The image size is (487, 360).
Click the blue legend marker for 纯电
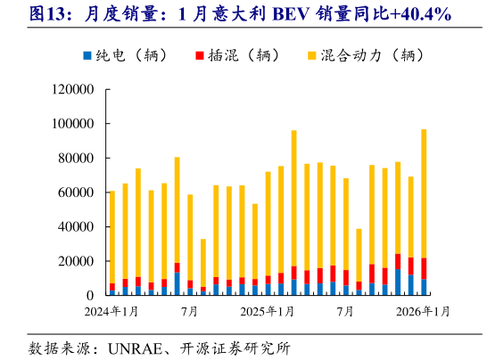pos(87,55)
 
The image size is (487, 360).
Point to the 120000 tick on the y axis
pos(74,90)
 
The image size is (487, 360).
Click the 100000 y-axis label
pos(74,124)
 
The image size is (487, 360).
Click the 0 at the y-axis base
pos(91,295)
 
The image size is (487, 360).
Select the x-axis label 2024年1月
pos(111,312)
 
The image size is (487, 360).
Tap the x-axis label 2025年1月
pos(268,312)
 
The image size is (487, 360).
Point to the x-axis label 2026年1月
pos(423,312)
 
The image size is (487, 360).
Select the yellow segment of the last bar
pos(424,193)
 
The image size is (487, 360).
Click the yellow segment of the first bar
pos(112,236)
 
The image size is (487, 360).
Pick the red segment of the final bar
pos(424,268)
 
